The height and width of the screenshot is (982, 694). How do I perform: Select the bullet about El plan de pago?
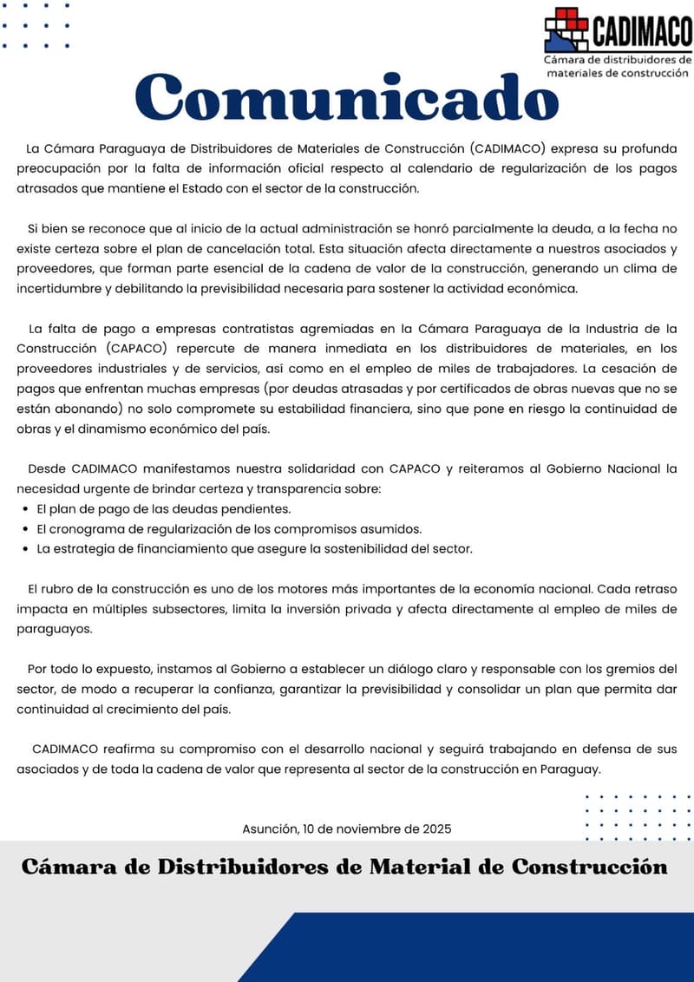163,508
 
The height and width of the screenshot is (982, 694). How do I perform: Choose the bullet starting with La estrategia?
254,548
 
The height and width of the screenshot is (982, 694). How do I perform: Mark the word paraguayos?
54,629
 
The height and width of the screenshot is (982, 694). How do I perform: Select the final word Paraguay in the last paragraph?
569,769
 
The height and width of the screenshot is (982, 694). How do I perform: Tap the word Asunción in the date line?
271,828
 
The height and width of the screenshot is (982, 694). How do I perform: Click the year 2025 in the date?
437,828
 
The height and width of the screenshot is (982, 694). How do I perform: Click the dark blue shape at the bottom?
486,950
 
